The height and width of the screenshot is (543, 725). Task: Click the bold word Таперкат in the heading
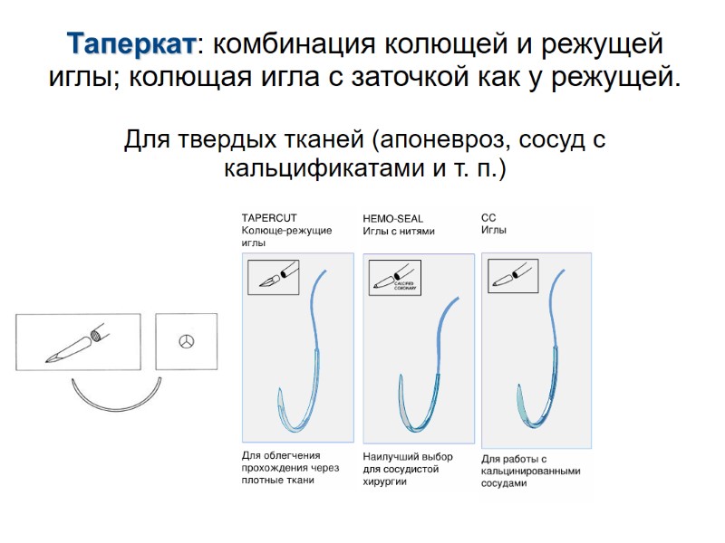click(130, 43)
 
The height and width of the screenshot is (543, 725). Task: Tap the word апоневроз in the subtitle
click(449, 141)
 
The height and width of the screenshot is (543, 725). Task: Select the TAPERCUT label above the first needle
click(269, 217)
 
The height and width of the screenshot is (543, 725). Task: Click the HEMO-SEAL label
click(392, 218)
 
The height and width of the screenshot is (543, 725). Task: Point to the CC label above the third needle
click(488, 217)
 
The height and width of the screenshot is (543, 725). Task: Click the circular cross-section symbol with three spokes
click(187, 341)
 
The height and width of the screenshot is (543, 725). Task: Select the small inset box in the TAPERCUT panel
click(273, 275)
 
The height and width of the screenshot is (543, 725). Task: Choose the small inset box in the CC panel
click(513, 275)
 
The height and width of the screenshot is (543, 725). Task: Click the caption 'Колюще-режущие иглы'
click(285, 236)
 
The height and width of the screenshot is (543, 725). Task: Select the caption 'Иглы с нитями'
click(399, 231)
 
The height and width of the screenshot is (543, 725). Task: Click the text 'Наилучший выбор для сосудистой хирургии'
click(407, 469)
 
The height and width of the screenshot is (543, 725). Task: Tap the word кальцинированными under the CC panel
click(530, 471)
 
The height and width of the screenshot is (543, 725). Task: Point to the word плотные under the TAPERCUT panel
click(261, 480)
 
